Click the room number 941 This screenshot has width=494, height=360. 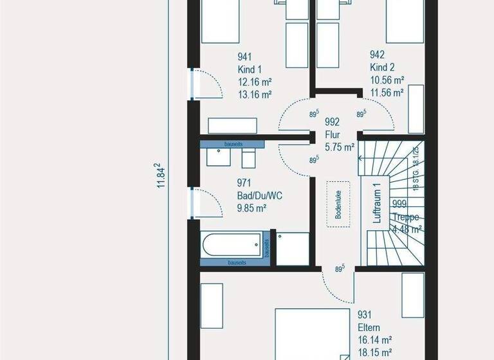[244, 56]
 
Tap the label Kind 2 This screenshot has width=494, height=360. [381, 68]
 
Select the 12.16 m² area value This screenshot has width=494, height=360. [255, 82]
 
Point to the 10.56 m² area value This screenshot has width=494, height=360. [387, 80]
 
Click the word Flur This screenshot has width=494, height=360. [332, 134]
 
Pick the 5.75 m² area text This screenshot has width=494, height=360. [340, 147]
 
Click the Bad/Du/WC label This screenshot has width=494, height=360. [260, 195]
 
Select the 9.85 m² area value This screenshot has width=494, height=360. [252, 208]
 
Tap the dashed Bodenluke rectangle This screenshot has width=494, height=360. [338, 203]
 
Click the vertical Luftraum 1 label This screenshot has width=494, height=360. [378, 203]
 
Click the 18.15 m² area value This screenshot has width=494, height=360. [374, 352]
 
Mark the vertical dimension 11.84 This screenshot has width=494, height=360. [161, 175]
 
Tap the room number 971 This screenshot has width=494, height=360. [244, 183]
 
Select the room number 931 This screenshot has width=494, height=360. [364, 315]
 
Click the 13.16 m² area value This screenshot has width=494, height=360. [255, 94]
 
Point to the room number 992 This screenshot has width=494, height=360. [332, 122]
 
